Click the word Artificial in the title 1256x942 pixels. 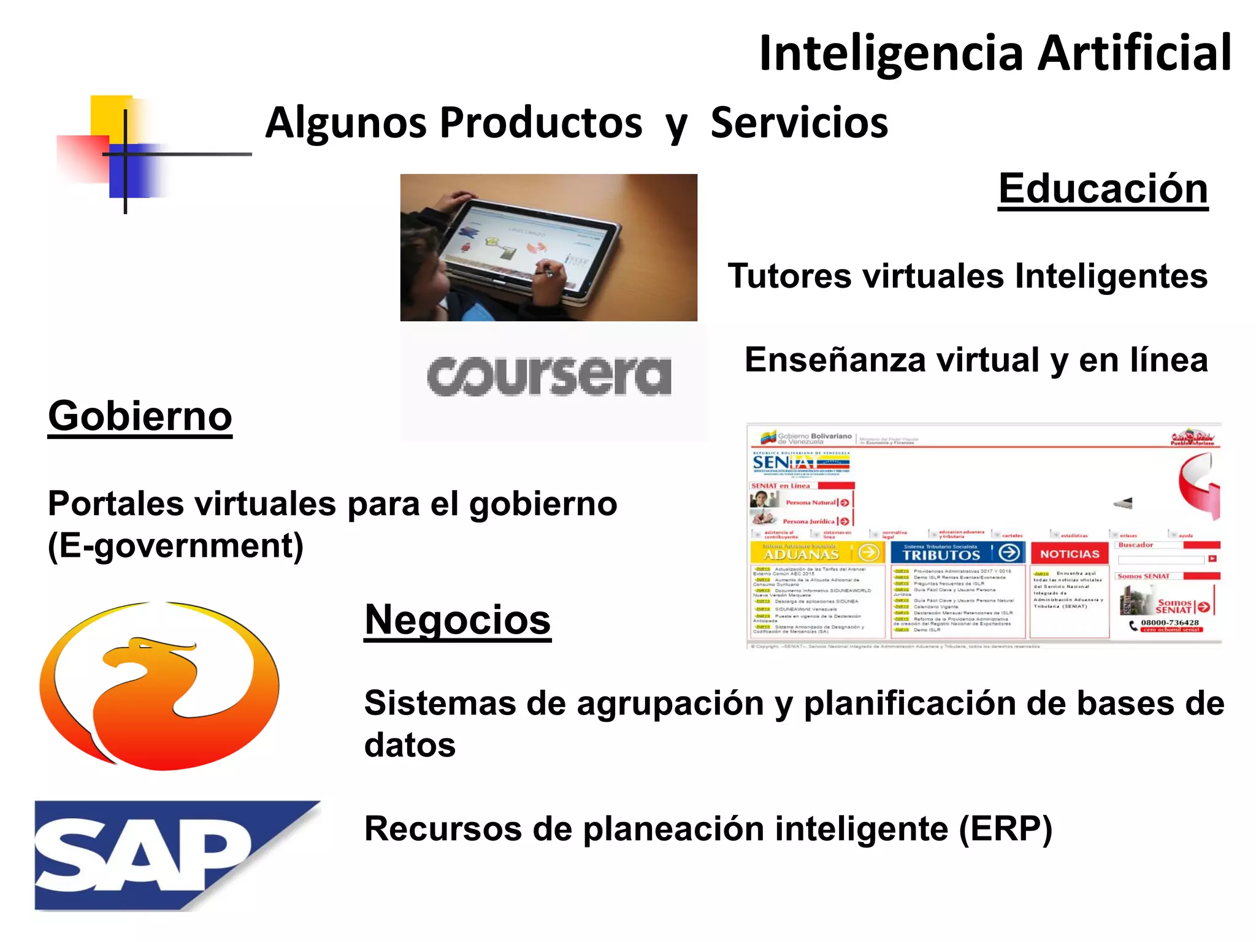point(1134,53)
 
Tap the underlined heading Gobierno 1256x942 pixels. point(140,416)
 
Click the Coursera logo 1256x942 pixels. point(549,375)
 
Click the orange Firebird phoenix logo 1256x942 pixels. point(159,685)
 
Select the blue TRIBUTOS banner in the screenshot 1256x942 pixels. point(957,553)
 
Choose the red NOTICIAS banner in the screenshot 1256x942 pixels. point(1070,553)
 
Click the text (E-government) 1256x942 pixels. point(176,546)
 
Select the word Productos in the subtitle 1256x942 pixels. point(541,123)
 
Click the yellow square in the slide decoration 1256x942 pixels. point(110,117)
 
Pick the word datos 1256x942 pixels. point(410,745)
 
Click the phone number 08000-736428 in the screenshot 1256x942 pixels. point(1170,622)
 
